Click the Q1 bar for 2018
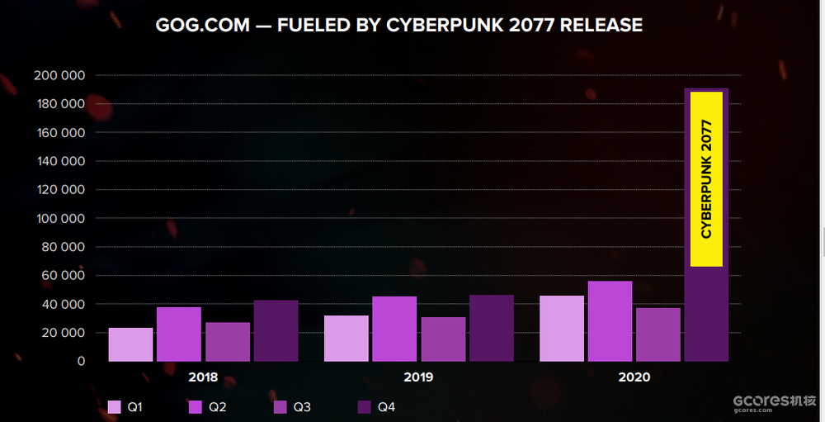click(130, 344)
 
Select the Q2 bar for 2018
click(179, 334)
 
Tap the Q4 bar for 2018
click(276, 330)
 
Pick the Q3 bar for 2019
click(443, 339)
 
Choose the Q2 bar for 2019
click(394, 329)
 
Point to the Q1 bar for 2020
click(562, 328)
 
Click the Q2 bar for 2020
click(610, 321)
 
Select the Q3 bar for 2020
click(658, 334)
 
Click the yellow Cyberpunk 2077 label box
click(706, 179)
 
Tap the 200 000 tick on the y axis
click(59, 75)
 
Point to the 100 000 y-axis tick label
click(59, 218)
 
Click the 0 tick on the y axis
click(81, 361)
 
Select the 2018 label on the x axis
click(203, 377)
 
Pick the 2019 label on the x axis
click(418, 377)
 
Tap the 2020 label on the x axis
click(634, 377)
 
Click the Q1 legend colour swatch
click(115, 407)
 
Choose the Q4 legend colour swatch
click(364, 407)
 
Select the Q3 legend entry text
click(302, 407)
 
